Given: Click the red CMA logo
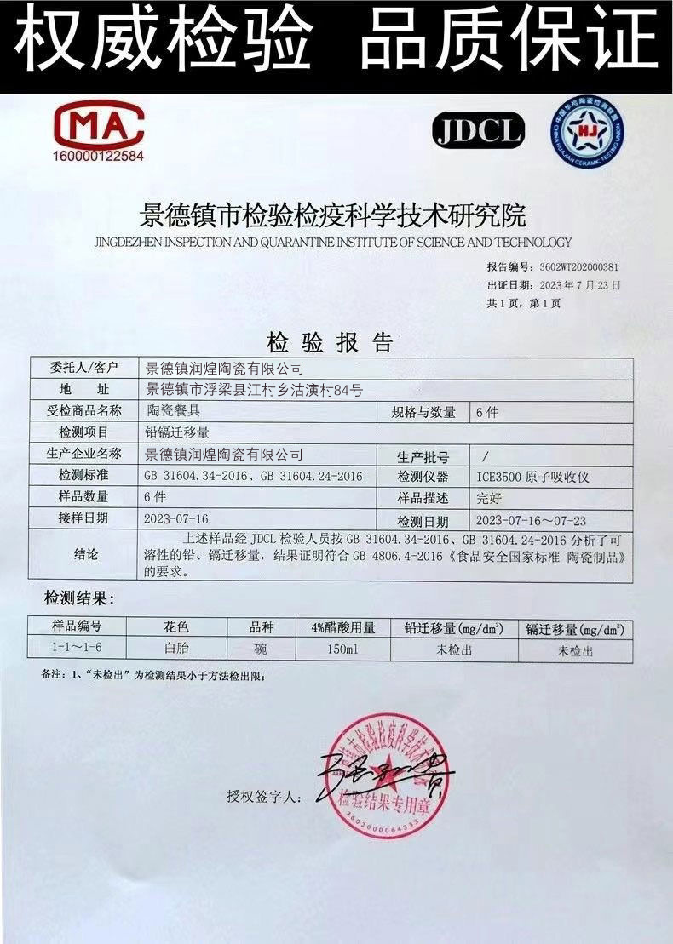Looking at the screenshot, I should tap(98, 125).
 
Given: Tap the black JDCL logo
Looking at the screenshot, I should tap(479, 130).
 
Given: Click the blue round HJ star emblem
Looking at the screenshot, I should tap(587, 131).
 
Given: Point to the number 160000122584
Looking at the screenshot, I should tap(99, 157).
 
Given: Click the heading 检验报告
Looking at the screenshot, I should tap(330, 343).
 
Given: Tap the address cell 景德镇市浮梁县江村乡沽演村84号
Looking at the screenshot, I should tap(254, 391).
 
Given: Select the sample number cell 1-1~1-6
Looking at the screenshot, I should tap(78, 649).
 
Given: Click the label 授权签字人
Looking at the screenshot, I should tap(264, 798).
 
